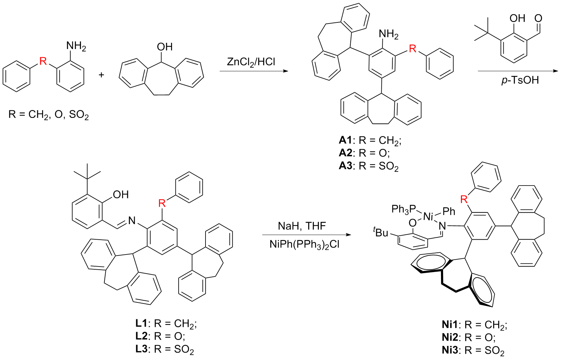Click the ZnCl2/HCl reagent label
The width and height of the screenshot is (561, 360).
point(251,62)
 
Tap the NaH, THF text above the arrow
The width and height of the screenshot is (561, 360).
point(302,226)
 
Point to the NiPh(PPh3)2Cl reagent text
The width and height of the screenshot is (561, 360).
point(304,244)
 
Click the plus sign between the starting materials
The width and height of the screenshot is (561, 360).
point(101,75)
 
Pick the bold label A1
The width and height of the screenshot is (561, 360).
point(345,140)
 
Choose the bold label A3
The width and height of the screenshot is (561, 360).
point(345,166)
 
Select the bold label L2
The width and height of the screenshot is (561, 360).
point(141,336)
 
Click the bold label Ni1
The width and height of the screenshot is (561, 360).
point(450,324)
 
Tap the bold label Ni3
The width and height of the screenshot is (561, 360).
point(450,350)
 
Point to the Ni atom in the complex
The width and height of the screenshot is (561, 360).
point(428,217)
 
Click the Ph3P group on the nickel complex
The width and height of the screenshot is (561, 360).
point(404,209)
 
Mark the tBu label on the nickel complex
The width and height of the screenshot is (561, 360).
point(381,232)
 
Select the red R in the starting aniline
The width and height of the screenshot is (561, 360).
point(43,61)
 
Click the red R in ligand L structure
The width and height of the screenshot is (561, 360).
point(162,203)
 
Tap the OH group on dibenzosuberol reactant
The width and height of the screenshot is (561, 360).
point(164,47)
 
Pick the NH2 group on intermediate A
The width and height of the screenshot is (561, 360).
point(388,34)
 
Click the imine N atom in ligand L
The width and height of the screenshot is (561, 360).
point(132,220)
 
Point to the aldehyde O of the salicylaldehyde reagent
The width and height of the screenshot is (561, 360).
point(538,18)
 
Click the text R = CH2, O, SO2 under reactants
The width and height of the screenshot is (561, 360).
point(49,114)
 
